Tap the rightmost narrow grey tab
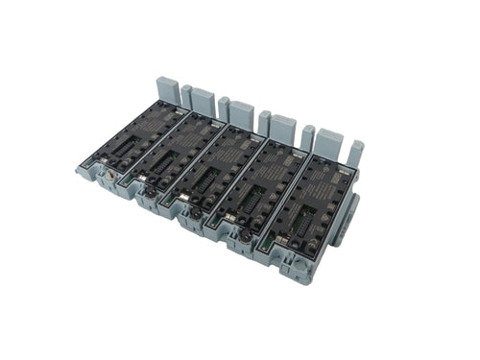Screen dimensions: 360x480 tap(356, 152)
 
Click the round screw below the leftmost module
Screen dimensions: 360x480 tap(108, 179)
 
